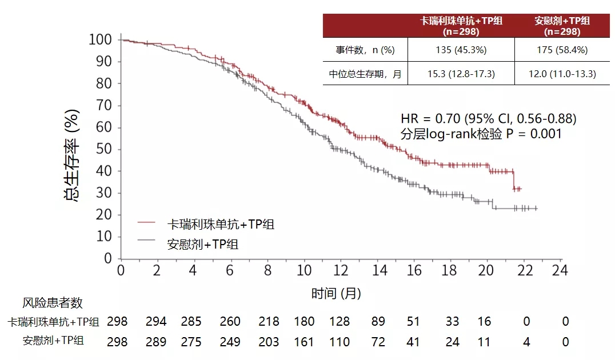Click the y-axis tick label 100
[x=101, y=40]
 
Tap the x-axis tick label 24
[x=561, y=270]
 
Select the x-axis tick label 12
[x=341, y=270]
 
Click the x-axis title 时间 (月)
[x=336, y=294]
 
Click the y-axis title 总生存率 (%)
[x=72, y=149]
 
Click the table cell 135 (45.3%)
[x=461, y=50]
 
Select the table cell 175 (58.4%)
[x=562, y=50]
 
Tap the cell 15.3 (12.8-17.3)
[x=461, y=74]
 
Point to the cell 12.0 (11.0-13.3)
[x=562, y=74]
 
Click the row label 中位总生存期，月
[x=365, y=74]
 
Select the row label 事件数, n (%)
[x=365, y=50]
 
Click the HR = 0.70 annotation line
[x=488, y=119]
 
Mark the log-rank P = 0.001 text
[x=481, y=134]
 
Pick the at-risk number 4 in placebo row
[x=526, y=342]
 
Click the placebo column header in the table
[x=562, y=26]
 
